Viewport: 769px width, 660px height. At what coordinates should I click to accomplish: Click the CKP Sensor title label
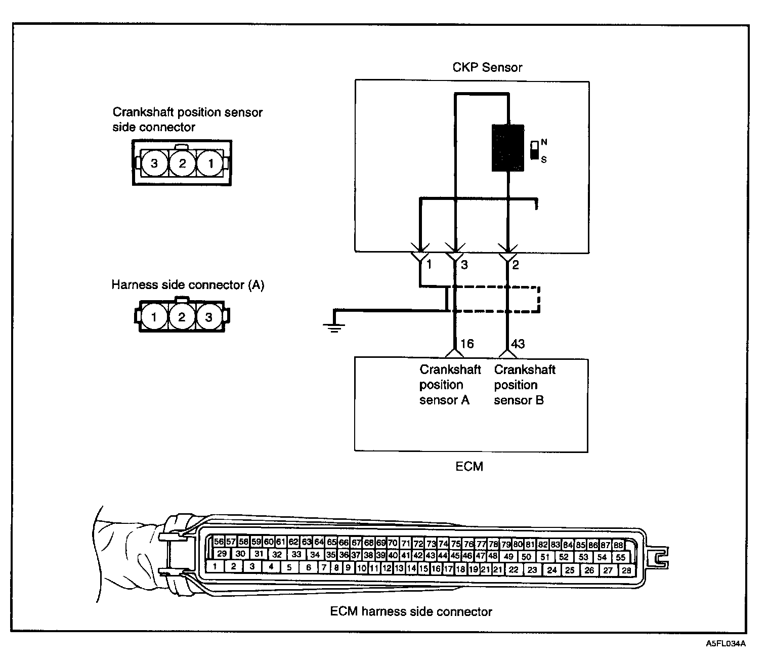click(x=487, y=67)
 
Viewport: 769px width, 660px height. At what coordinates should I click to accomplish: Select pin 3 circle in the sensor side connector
click(x=154, y=163)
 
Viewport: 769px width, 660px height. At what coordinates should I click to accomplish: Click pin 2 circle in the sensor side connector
click(x=182, y=163)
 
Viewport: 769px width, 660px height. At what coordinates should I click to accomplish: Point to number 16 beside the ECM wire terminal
click(x=467, y=344)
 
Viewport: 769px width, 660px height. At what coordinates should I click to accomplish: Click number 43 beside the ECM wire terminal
click(x=518, y=344)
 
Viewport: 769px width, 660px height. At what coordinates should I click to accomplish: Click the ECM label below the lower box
click(x=469, y=466)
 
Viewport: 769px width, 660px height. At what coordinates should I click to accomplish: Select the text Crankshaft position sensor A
click(x=450, y=385)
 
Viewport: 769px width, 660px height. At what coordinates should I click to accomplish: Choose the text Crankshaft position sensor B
click(x=524, y=385)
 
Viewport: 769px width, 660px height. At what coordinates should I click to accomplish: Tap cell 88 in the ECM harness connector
click(x=618, y=546)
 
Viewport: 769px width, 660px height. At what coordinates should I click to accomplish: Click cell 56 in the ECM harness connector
click(x=219, y=542)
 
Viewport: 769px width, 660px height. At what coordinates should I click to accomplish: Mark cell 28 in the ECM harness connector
click(x=626, y=570)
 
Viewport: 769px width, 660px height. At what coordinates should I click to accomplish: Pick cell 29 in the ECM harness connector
click(x=222, y=554)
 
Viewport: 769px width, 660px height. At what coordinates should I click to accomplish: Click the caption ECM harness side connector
click(x=411, y=611)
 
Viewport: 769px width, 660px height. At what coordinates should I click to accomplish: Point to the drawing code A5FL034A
click(x=726, y=644)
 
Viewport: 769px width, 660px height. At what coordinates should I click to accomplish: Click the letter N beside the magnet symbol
click(x=544, y=142)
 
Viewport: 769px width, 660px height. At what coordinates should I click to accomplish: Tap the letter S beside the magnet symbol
click(x=544, y=159)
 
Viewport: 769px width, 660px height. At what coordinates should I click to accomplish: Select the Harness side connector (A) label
click(x=188, y=285)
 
